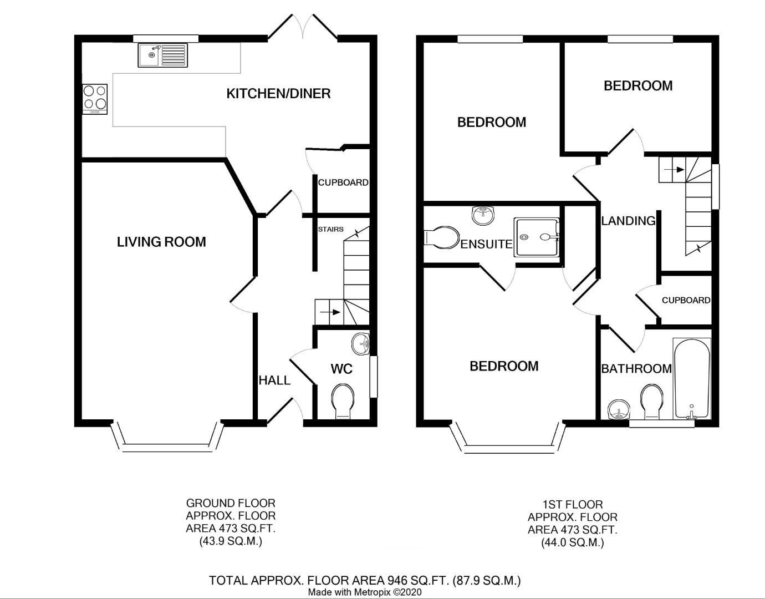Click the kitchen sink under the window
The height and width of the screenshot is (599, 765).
point(162,55)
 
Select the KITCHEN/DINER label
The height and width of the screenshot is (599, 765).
point(278,93)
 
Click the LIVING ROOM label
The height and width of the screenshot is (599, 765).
point(161,242)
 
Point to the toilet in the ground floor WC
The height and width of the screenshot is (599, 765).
point(342,402)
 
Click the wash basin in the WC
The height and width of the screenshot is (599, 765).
point(360,344)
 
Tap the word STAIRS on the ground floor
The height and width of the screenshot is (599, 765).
point(330,229)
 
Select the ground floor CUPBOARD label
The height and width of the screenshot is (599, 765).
point(343,182)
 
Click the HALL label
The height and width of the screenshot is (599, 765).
point(274,380)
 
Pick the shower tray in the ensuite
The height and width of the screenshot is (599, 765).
point(536,237)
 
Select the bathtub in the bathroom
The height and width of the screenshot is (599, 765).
point(691,378)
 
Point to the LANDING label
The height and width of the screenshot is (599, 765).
point(628,221)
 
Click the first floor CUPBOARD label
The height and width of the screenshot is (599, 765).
point(686,300)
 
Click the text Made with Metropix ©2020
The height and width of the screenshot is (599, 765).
point(365,592)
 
